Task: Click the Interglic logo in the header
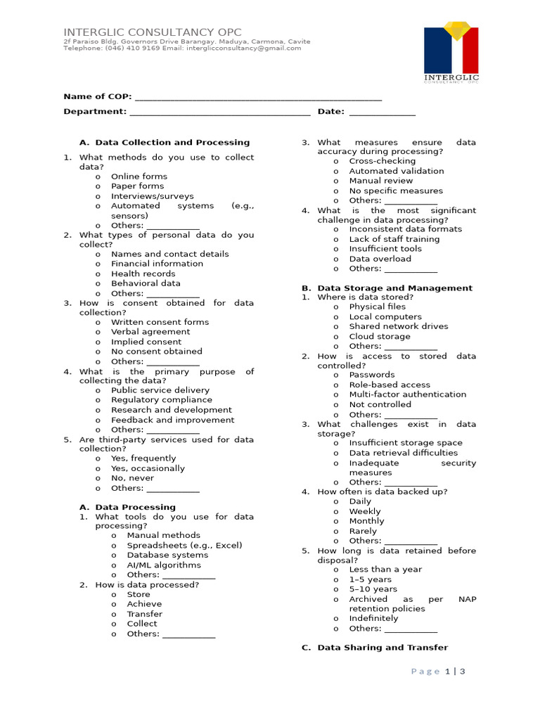(451, 54)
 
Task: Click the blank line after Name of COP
(258, 97)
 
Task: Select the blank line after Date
(382, 112)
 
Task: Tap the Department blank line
(220, 112)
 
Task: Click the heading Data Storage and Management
(394, 288)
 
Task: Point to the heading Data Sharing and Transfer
(382, 648)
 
